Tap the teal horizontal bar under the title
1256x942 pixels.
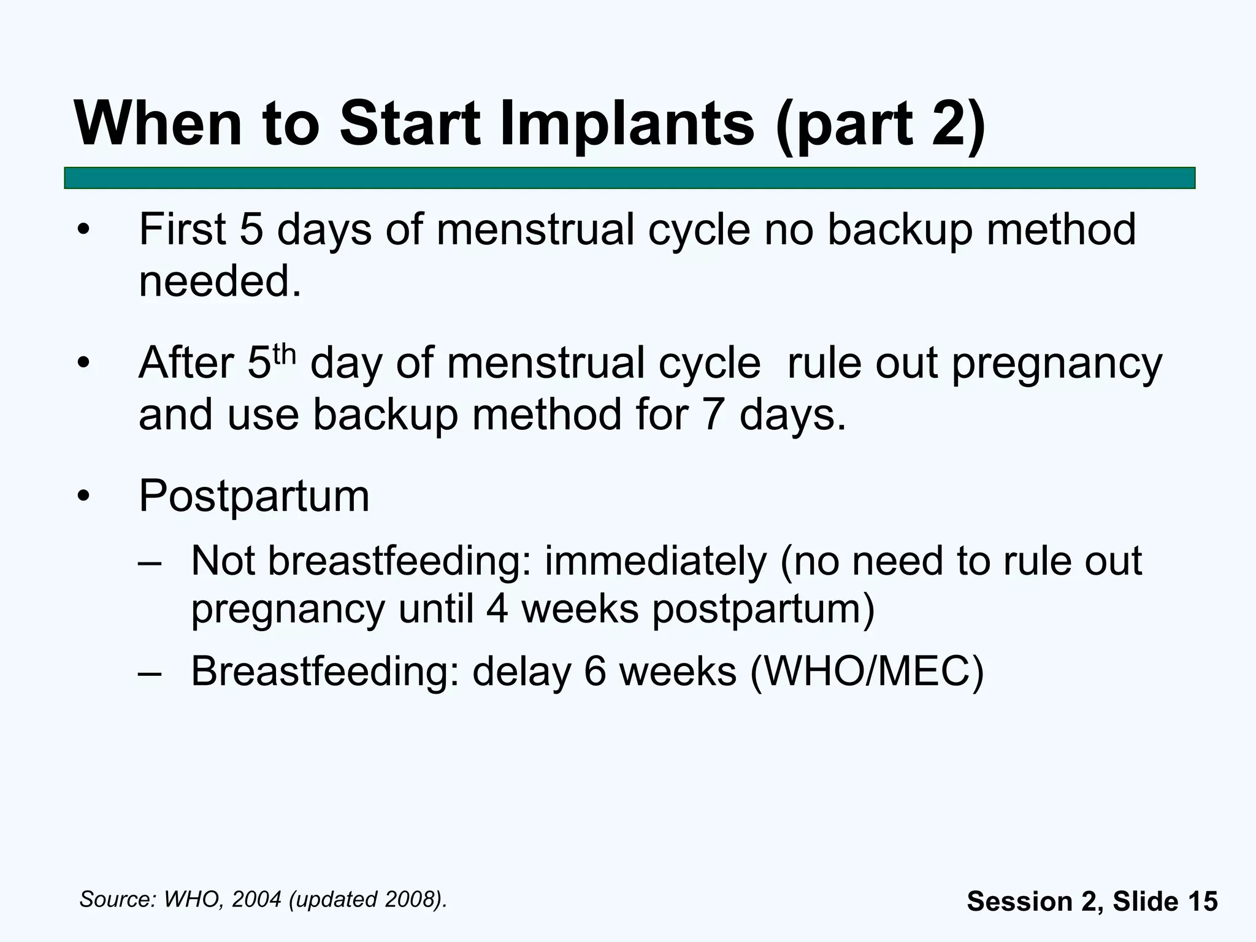(629, 178)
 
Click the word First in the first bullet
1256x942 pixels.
(182, 229)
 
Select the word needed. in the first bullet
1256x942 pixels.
(220, 281)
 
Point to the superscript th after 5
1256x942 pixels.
(285, 354)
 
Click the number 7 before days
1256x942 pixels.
(712, 415)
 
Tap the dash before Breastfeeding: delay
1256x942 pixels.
(150, 672)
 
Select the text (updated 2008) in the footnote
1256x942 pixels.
(366, 900)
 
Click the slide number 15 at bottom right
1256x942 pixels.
(1202, 902)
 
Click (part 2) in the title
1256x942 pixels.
(881, 124)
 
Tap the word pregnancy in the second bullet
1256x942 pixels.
(1057, 364)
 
